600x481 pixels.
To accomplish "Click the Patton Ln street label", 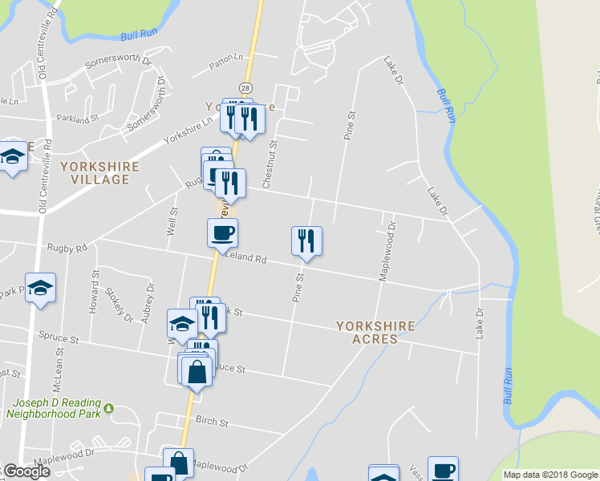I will (x=226, y=58).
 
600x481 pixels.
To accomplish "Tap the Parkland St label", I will (x=77, y=118).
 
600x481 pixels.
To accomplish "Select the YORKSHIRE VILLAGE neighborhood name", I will (x=99, y=172).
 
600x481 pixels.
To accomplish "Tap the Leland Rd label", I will (x=246, y=258).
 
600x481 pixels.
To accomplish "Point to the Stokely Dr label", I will (x=128, y=305).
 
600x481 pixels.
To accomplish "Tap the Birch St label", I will (x=213, y=422).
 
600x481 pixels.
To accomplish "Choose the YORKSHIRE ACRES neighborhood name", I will (x=375, y=333).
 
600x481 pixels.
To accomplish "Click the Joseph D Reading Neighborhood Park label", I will (x=55, y=409).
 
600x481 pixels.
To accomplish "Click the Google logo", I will (x=26, y=471).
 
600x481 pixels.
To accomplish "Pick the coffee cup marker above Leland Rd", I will (x=222, y=233).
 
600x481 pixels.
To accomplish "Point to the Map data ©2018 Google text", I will (x=549, y=475).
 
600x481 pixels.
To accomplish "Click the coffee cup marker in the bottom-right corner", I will (x=443, y=469).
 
